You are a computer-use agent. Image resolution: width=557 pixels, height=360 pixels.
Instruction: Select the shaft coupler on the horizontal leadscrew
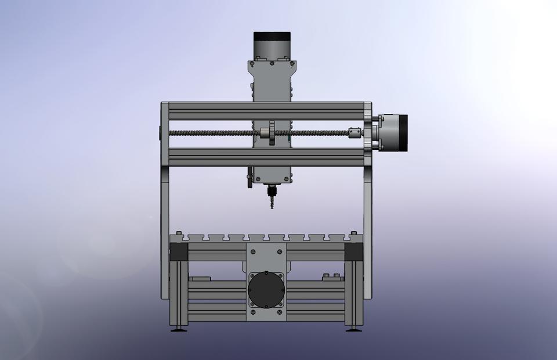click(x=355, y=133)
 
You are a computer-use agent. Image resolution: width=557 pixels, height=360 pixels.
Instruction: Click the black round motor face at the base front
click(x=266, y=289)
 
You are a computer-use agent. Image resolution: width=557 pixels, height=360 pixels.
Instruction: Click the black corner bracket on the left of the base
click(x=178, y=252)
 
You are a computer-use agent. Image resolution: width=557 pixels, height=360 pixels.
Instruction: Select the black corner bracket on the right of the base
click(x=354, y=252)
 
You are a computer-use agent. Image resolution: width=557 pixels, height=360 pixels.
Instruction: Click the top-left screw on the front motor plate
click(x=253, y=252)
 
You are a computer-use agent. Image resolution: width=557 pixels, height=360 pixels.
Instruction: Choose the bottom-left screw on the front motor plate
click(x=253, y=314)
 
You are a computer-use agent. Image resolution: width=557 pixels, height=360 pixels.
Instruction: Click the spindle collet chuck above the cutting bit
click(x=270, y=190)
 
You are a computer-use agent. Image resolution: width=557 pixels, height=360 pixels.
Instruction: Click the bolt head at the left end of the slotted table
click(x=177, y=235)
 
